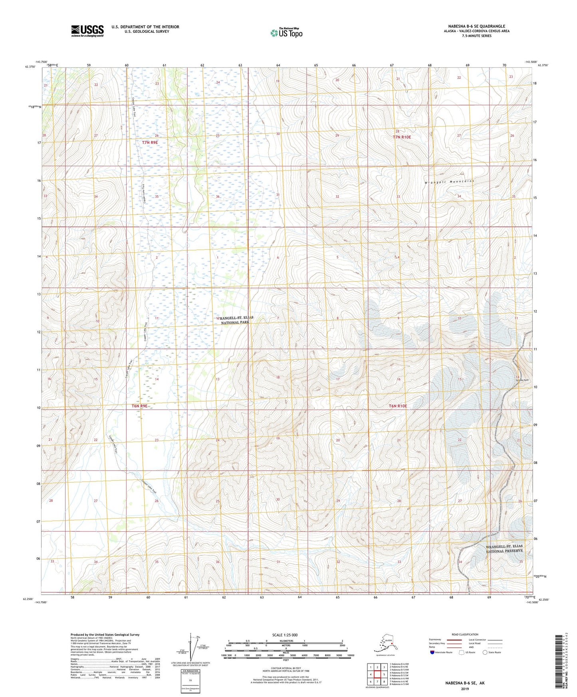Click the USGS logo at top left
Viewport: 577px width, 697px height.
coord(87,31)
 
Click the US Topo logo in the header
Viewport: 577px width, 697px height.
coord(286,33)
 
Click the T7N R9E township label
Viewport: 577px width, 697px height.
coord(150,142)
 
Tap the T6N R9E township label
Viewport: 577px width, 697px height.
coord(140,406)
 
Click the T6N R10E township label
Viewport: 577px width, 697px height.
coord(398,406)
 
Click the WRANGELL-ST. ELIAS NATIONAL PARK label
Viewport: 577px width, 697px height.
coord(236,320)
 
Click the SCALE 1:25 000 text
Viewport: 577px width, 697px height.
coord(285,635)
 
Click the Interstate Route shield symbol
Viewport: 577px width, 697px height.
coord(432,652)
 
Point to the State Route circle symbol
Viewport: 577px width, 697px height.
coord(485,652)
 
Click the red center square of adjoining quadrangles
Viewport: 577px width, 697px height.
coord(377,674)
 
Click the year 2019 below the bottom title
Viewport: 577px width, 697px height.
coord(464,689)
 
